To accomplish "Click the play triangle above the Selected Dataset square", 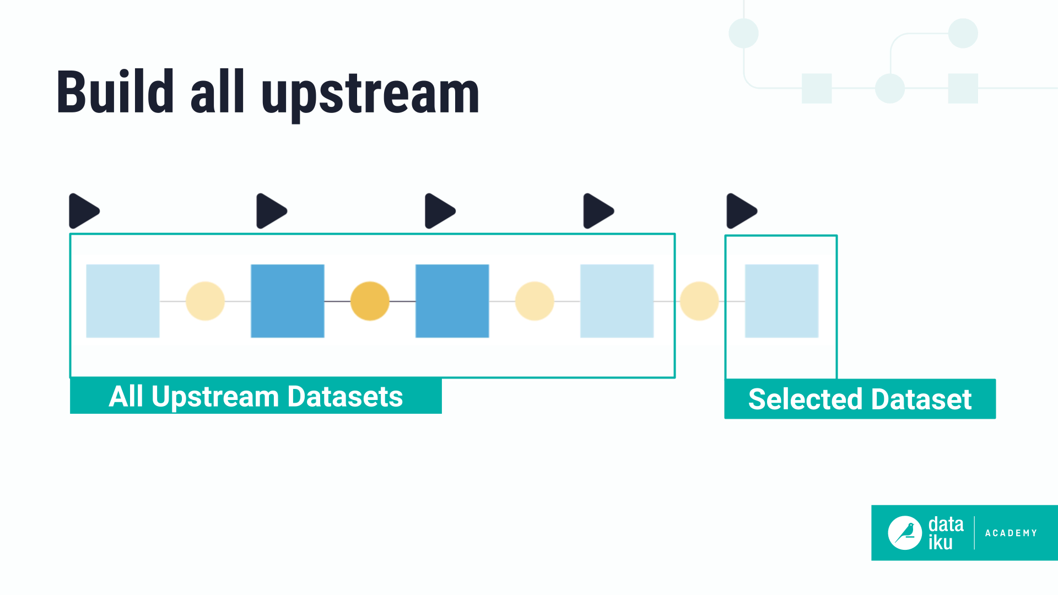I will click(x=741, y=211).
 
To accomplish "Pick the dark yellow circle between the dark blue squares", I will click(x=370, y=301).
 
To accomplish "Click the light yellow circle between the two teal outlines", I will click(x=699, y=301).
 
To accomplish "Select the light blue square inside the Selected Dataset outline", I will click(x=781, y=301).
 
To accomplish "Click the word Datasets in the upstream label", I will click(x=345, y=397).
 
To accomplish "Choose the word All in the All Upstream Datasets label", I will click(x=126, y=397).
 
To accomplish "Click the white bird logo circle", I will click(x=905, y=533).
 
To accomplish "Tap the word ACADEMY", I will click(x=1011, y=533).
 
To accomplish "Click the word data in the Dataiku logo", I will click(x=946, y=524).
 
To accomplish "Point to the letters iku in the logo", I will click(x=940, y=543).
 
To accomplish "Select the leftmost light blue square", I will click(x=123, y=301).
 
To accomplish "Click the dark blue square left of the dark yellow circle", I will click(x=287, y=301).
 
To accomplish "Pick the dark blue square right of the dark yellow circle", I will click(x=452, y=301).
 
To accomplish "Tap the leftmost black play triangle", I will click(x=83, y=211).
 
